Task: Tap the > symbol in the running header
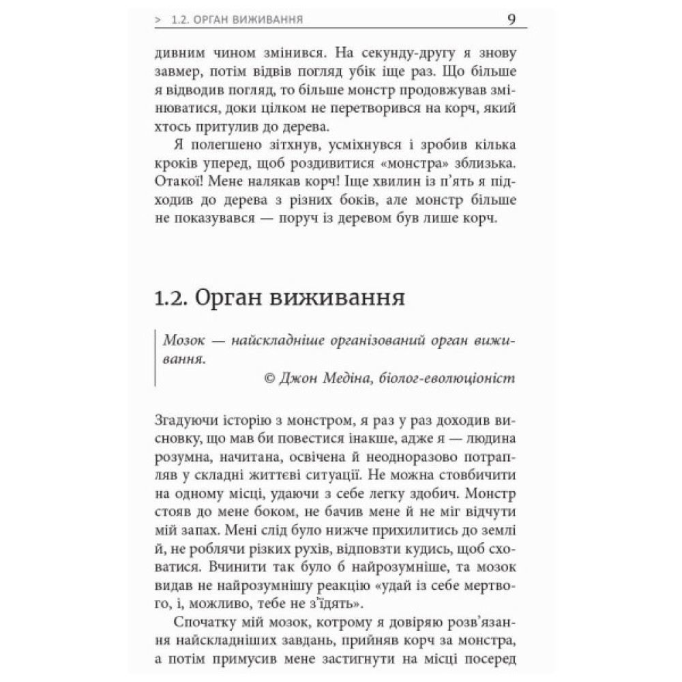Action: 158,19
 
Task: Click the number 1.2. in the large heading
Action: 169,297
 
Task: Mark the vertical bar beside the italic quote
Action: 155,358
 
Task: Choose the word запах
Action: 199,529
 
